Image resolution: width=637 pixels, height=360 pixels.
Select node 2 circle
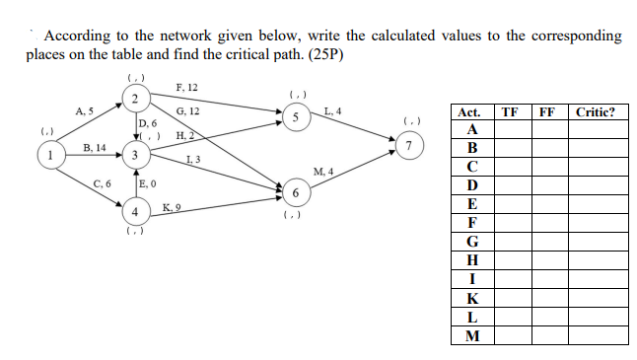pyautogui.click(x=134, y=97)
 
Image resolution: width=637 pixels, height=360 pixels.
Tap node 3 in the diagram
pyautogui.click(x=134, y=155)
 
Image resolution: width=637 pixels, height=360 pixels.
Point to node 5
pyautogui.click(x=295, y=117)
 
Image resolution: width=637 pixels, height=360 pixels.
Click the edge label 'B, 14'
pyautogui.click(x=96, y=146)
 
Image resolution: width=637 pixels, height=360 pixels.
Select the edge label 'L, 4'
pyautogui.click(x=331, y=110)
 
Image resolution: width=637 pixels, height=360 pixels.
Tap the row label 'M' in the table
pyautogui.click(x=472, y=335)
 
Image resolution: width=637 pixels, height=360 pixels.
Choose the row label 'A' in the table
pyautogui.click(x=472, y=130)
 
